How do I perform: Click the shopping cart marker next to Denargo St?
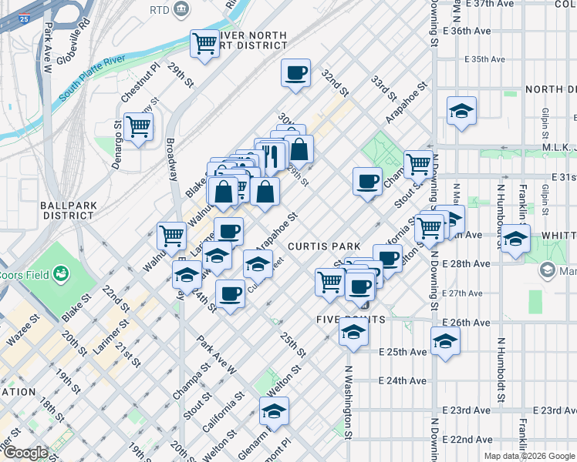click(x=138, y=126)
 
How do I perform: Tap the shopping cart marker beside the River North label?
click(x=205, y=43)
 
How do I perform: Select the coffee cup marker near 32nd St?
click(x=296, y=73)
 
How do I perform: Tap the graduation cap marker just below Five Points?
click(x=353, y=332)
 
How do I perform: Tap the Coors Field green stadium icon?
click(x=59, y=274)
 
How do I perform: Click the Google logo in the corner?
click(x=25, y=453)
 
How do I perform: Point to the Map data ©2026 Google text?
click(x=528, y=456)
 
